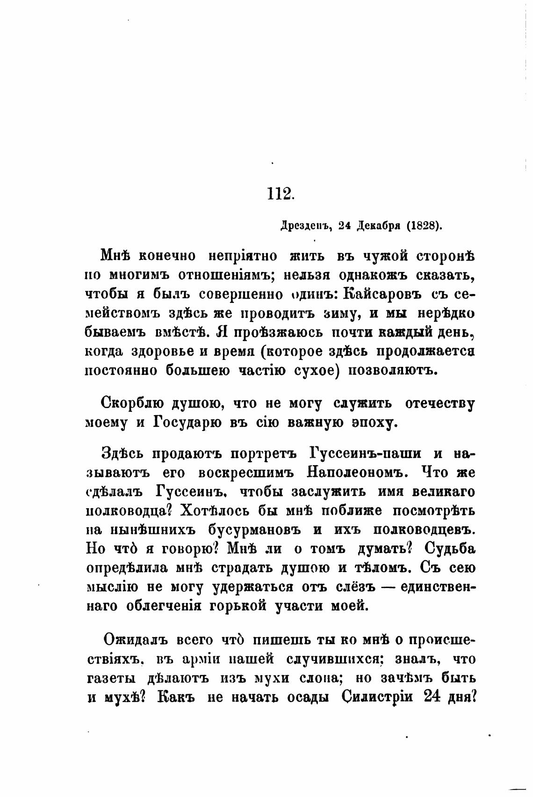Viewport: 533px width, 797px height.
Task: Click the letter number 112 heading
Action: tap(280, 193)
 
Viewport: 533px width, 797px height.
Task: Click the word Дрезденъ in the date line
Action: tap(306, 226)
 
